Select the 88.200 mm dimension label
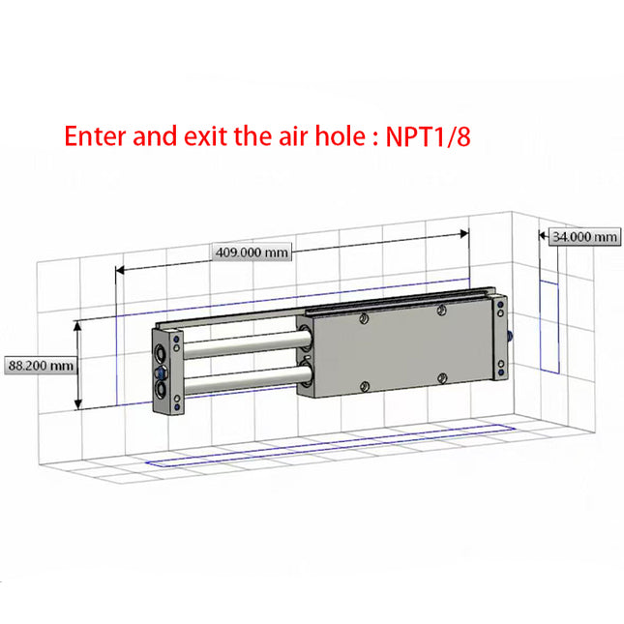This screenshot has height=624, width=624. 41,366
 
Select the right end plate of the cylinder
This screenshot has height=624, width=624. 499,339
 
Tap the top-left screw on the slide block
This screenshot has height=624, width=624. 364,318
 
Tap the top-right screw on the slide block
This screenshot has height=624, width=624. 441,310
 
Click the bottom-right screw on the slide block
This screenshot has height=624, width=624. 441,377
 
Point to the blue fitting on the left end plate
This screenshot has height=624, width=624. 161,371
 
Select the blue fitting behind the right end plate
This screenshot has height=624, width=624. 510,337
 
